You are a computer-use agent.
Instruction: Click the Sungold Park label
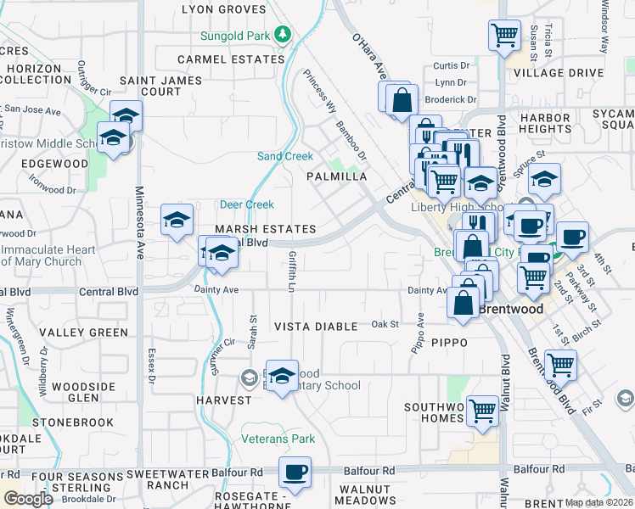(x=233, y=36)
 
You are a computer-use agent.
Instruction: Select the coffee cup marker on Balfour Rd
(x=295, y=473)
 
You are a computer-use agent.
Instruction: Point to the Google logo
(x=27, y=499)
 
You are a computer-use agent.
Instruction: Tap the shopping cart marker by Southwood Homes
(x=482, y=411)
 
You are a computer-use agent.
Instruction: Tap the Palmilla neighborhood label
(x=337, y=176)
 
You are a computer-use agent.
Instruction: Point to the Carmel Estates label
(x=230, y=59)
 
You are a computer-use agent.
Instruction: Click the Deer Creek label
(x=247, y=204)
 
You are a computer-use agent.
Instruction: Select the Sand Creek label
(x=285, y=156)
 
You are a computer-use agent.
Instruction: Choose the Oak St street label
(x=385, y=324)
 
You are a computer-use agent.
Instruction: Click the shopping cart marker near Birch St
(x=560, y=366)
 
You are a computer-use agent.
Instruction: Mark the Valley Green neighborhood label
(x=83, y=333)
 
